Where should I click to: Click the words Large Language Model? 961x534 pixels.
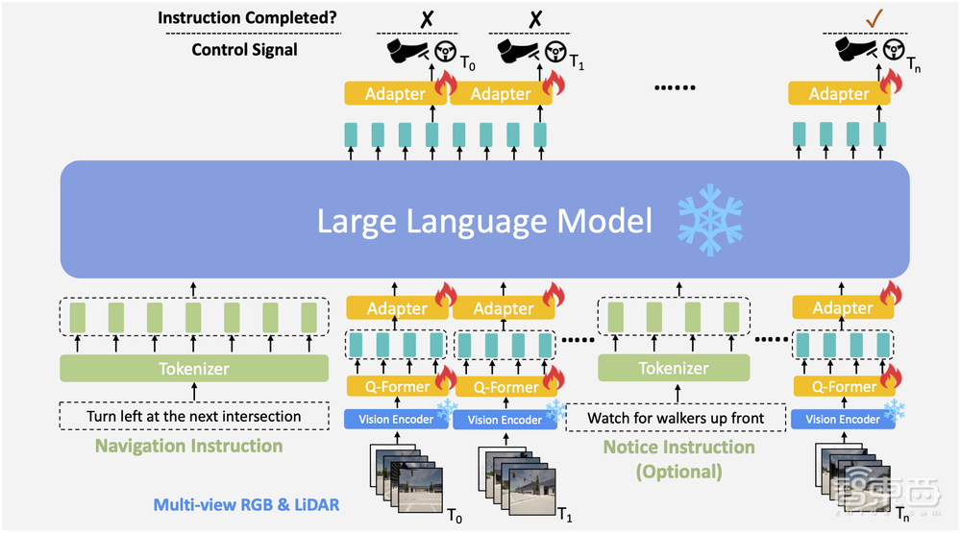tap(485, 221)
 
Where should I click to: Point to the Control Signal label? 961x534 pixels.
tap(244, 49)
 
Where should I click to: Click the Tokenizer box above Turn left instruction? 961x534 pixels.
tap(194, 367)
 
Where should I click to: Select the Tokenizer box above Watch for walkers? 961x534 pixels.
tap(673, 368)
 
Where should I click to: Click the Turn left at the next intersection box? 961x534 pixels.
tap(194, 416)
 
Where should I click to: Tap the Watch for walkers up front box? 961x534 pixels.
tap(676, 418)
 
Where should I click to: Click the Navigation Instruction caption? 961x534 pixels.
tap(188, 446)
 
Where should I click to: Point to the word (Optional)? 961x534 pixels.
tap(678, 471)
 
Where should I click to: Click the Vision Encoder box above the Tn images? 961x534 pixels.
tap(842, 419)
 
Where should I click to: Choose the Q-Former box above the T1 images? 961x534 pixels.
tap(504, 387)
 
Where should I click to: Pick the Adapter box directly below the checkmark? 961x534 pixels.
tap(838, 93)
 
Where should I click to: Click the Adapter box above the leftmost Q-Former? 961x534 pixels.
tap(396, 308)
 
